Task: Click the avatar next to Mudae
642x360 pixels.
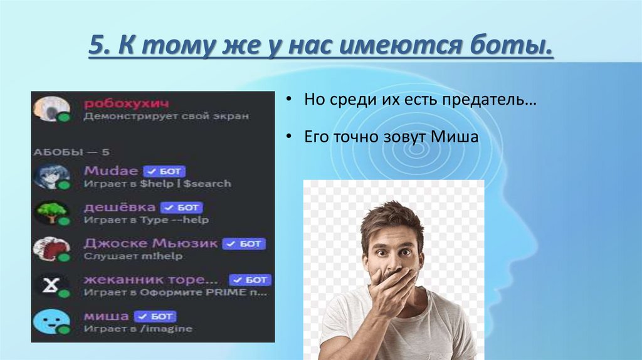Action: pyautogui.click(x=51, y=176)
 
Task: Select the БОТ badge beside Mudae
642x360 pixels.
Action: pyautogui.click(x=165, y=171)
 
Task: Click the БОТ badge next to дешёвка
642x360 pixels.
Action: pyautogui.click(x=182, y=207)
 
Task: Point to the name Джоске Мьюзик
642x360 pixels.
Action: pyautogui.click(x=150, y=243)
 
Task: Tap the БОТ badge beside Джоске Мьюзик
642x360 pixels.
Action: pyautogui.click(x=245, y=243)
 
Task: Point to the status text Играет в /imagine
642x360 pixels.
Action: pyautogui.click(x=138, y=329)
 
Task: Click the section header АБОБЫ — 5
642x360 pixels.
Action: pyautogui.click(x=63, y=152)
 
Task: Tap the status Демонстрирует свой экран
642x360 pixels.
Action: pyautogui.click(x=166, y=116)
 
